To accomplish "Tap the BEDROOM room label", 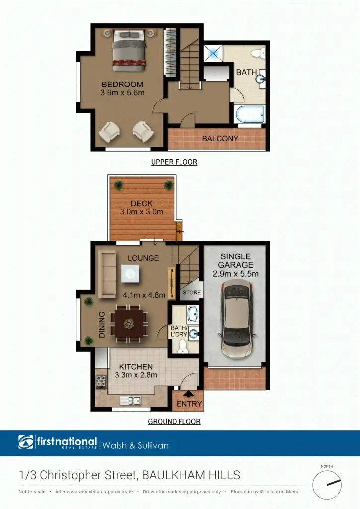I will pyautogui.click(x=122, y=84).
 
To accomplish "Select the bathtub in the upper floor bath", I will pyautogui.click(x=250, y=115).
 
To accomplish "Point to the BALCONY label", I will pyautogui.click(x=220, y=139).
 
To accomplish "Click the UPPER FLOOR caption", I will pyautogui.click(x=174, y=162).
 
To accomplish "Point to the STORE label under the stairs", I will pyautogui.click(x=191, y=293).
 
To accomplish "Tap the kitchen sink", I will pyautogui.click(x=131, y=401).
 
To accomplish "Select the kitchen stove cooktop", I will pyautogui.click(x=101, y=382).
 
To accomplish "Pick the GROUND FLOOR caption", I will pyautogui.click(x=174, y=422).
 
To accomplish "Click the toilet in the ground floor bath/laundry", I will pyautogui.click(x=182, y=345).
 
